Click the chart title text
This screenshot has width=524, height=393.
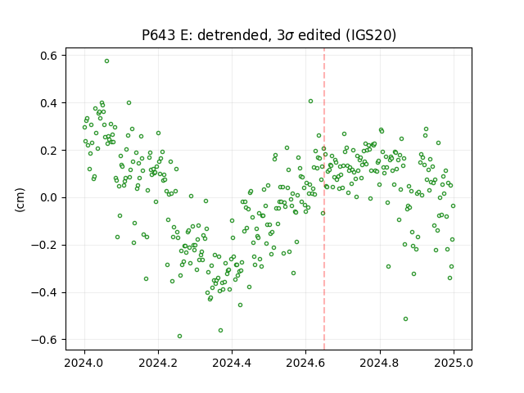tap(269, 35)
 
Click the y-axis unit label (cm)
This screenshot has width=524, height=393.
tap(20, 200)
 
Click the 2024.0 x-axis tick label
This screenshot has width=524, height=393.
tap(84, 363)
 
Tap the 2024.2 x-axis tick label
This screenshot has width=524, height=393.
tap(158, 363)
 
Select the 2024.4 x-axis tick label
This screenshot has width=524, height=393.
tap(232, 363)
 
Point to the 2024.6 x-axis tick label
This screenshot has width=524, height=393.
tap(305, 363)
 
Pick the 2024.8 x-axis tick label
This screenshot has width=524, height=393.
tap(380, 363)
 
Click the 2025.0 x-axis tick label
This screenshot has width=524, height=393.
tap(454, 363)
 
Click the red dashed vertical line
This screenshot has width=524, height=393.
tap(324, 199)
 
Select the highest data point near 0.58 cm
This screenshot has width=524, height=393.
tap(106, 61)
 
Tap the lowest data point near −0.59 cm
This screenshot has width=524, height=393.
tap(180, 337)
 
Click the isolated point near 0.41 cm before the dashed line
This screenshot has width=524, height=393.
tap(311, 102)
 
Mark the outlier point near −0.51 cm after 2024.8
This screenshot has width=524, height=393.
tap(406, 319)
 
